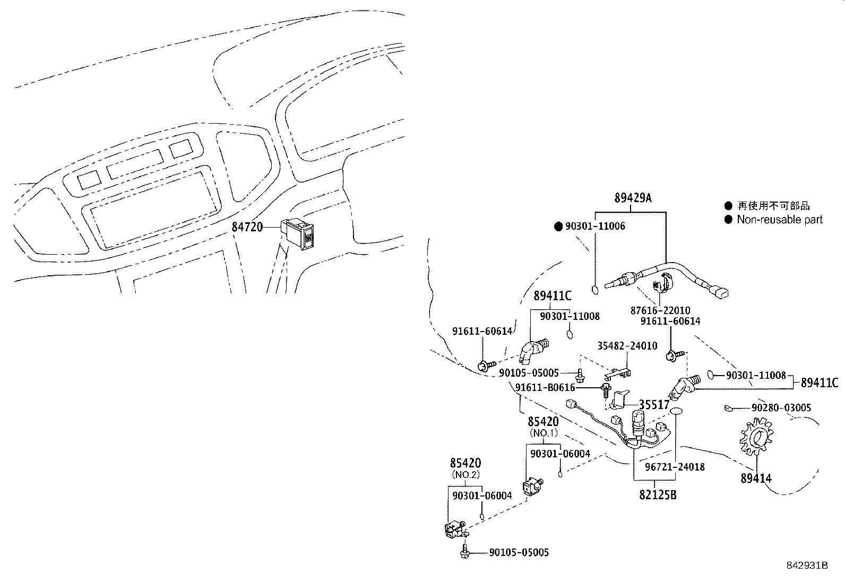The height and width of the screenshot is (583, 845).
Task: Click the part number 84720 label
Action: coord(247,227)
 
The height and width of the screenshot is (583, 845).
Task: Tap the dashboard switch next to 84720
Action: coord(300,233)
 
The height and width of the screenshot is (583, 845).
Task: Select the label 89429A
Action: coord(633,199)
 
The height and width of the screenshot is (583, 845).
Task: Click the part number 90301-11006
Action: coord(595,227)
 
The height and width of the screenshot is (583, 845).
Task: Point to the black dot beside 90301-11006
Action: coord(558,227)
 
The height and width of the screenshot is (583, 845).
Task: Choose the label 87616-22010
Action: coord(660,311)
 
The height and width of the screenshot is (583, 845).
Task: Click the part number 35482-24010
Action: coord(627,346)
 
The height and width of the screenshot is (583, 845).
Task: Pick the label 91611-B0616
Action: coord(545,388)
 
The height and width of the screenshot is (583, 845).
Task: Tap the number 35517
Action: coord(654,405)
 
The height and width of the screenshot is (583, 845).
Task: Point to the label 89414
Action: coord(756,478)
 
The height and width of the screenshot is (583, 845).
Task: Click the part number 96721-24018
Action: coord(675,467)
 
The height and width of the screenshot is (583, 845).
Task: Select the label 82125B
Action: coord(658,495)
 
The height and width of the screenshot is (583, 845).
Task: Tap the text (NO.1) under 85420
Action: coord(544,433)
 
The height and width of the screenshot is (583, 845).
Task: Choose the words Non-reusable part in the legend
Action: coord(780,220)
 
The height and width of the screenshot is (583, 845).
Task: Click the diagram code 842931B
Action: coord(807,565)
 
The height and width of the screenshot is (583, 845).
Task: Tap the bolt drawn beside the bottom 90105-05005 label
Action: coord(464,552)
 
